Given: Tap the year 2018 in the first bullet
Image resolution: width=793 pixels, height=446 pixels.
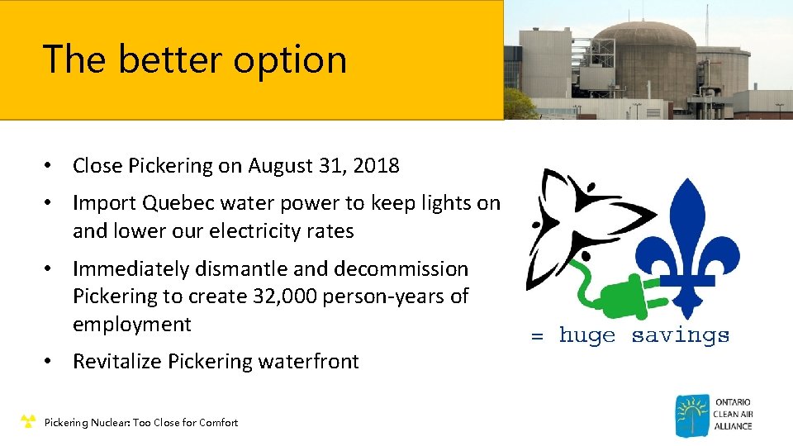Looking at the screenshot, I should tap(375, 166).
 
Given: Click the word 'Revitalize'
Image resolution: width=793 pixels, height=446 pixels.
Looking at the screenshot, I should tap(116, 362).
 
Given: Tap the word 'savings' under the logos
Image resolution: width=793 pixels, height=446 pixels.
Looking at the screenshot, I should tap(681, 336).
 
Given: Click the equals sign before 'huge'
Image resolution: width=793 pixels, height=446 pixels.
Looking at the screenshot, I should tap(537, 336).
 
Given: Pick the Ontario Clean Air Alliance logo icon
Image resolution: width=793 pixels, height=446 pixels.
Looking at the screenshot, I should tap(691, 415).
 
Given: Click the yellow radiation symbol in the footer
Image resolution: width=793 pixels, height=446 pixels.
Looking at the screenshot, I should tap(28, 422).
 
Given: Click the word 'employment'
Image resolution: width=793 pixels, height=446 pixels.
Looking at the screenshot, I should tap(132, 325).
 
